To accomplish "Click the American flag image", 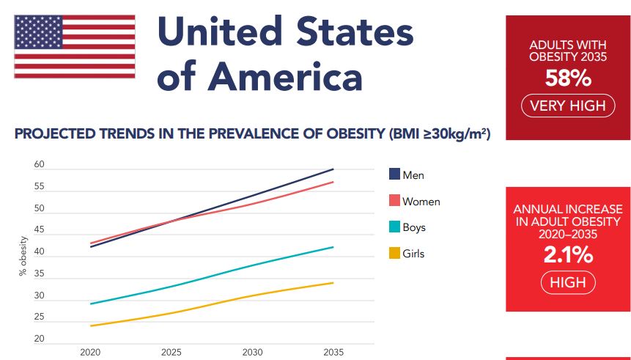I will coord(75,47).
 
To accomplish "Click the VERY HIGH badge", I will coord(568,106).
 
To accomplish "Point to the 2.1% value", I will coord(568,255).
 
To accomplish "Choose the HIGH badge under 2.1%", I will coord(568,282).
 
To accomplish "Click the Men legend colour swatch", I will coord(394,175).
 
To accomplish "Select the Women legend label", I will coord(421,202).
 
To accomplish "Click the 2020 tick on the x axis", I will coord(89,353).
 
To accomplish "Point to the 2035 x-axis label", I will coord(333,353).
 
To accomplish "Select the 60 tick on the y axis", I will coord(39,165).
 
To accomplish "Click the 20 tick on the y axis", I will coord(39,339).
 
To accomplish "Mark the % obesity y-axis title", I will coord(23,257).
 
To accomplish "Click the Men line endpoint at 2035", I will coord(333,169).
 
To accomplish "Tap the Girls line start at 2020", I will coord(90,326).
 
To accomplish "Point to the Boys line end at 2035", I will coord(333,247).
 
